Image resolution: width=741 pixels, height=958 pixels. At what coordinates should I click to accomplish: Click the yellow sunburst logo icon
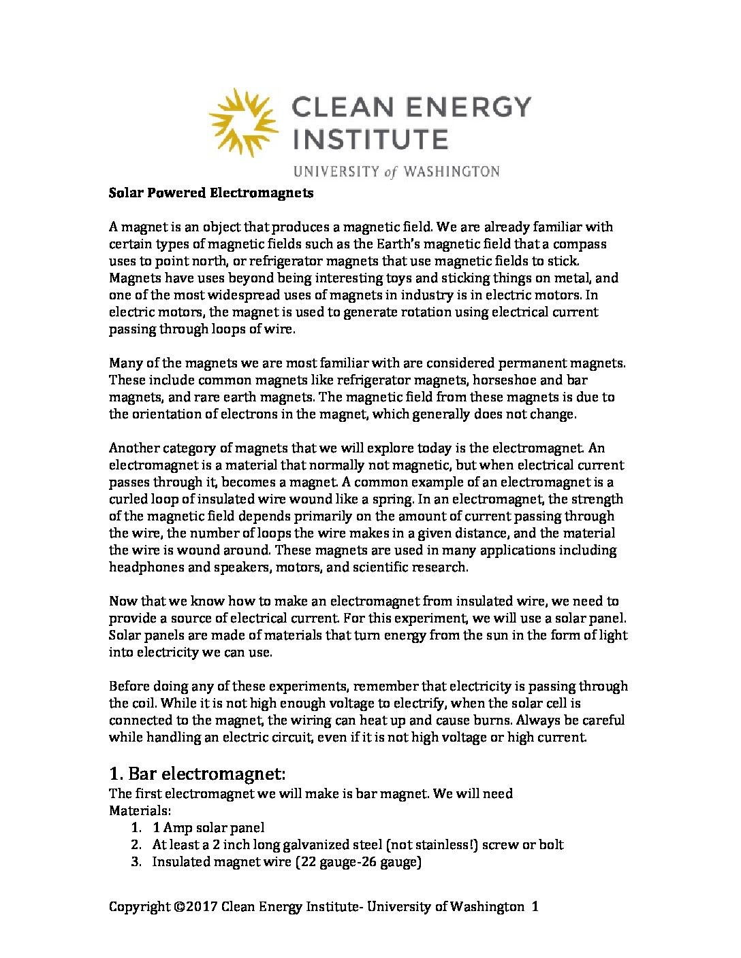pyautogui.click(x=243, y=122)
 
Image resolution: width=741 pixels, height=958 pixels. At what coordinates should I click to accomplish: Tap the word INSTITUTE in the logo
pyautogui.click(x=370, y=139)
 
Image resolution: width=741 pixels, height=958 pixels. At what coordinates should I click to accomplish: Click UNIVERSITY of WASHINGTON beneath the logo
pyautogui.click(x=396, y=171)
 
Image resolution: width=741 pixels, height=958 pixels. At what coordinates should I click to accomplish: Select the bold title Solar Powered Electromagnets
pyautogui.click(x=211, y=193)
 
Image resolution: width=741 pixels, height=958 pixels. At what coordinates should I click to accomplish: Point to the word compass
pyautogui.click(x=580, y=244)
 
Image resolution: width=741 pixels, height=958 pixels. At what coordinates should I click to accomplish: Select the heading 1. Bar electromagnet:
pyautogui.click(x=197, y=774)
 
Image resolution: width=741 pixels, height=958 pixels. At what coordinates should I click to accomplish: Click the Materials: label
pyautogui.click(x=140, y=810)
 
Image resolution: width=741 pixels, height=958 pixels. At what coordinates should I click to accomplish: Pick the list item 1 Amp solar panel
pyautogui.click(x=208, y=827)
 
